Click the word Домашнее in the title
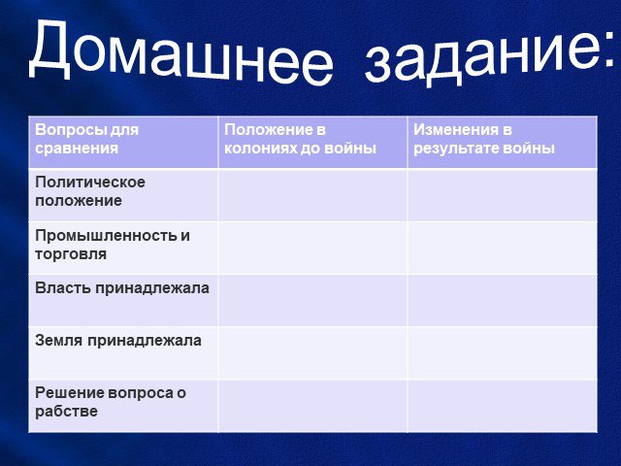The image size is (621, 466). pyautogui.click(x=181, y=51)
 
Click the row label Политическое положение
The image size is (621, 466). pyautogui.click(x=90, y=191)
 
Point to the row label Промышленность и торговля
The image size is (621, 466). pyautogui.click(x=113, y=245)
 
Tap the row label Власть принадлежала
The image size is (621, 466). pyautogui.click(x=122, y=288)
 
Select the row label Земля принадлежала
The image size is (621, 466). pyautogui.click(x=118, y=341)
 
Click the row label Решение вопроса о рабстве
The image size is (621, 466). pyautogui.click(x=111, y=402)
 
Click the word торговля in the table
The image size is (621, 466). pyautogui.click(x=71, y=254)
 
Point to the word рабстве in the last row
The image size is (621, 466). pyautogui.click(x=66, y=411)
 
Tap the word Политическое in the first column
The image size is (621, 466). pyautogui.click(x=90, y=183)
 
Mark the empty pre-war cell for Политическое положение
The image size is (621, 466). pyautogui.click(x=312, y=195)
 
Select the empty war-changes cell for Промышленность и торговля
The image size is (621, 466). pyautogui.click(x=503, y=248)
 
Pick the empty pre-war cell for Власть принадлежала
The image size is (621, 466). pyautogui.click(x=312, y=300)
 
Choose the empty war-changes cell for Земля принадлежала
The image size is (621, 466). pyautogui.click(x=503, y=352)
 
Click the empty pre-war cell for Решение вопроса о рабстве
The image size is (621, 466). pyautogui.click(x=312, y=406)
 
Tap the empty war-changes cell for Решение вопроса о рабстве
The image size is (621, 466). pyautogui.click(x=503, y=406)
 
